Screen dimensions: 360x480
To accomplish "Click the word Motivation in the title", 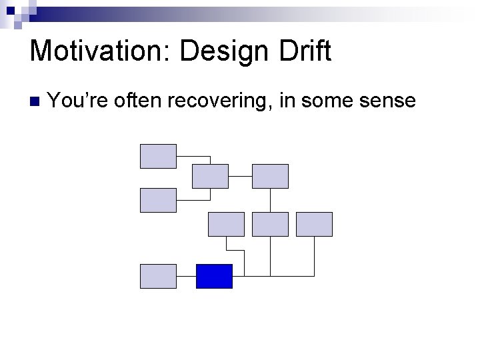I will click(x=99, y=51).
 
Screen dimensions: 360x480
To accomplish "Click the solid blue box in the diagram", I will click(x=214, y=276).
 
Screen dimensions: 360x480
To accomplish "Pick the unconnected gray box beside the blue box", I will click(x=158, y=276).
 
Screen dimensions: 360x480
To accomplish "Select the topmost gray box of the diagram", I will click(x=158, y=156).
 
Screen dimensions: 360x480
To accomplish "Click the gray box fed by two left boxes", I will click(x=210, y=176).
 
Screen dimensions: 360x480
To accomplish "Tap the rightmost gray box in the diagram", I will click(x=314, y=224).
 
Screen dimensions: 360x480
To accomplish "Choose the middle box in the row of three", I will click(x=270, y=224).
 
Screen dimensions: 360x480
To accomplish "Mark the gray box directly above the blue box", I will click(x=226, y=224).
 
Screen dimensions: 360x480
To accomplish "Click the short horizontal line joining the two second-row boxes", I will click(x=240, y=176).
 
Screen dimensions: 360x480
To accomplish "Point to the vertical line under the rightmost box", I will click(x=314, y=256).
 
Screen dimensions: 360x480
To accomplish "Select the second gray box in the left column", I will click(x=158, y=200).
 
